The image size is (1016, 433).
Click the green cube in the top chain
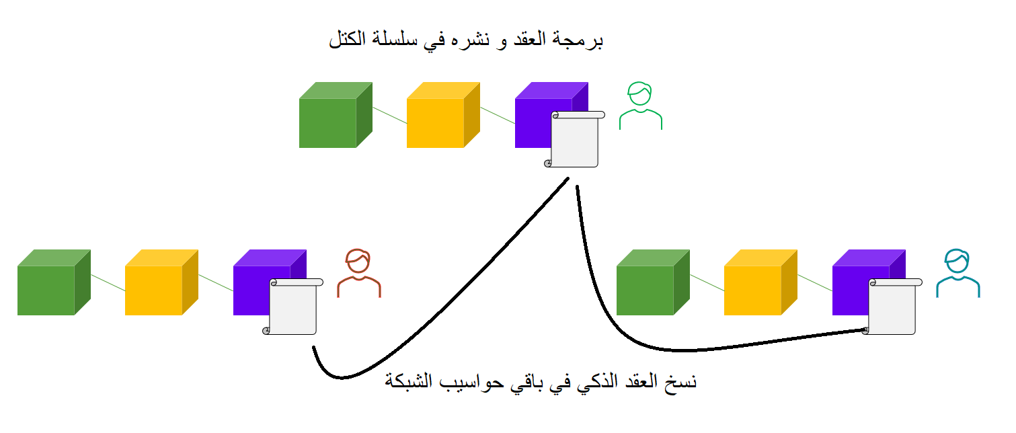point(336,115)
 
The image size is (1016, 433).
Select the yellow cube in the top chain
point(443,115)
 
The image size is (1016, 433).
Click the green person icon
point(640,106)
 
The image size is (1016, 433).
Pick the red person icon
point(359,273)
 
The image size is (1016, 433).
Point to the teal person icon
point(958,273)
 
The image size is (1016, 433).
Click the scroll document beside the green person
point(574,139)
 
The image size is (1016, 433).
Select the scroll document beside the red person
point(292,307)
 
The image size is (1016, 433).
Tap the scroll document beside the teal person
point(892,307)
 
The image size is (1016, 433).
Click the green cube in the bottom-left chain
point(54,282)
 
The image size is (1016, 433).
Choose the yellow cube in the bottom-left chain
point(161,282)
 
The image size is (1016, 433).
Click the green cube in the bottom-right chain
point(653,282)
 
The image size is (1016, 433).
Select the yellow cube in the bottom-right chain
point(760,282)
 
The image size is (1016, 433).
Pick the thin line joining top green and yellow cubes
point(390,115)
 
